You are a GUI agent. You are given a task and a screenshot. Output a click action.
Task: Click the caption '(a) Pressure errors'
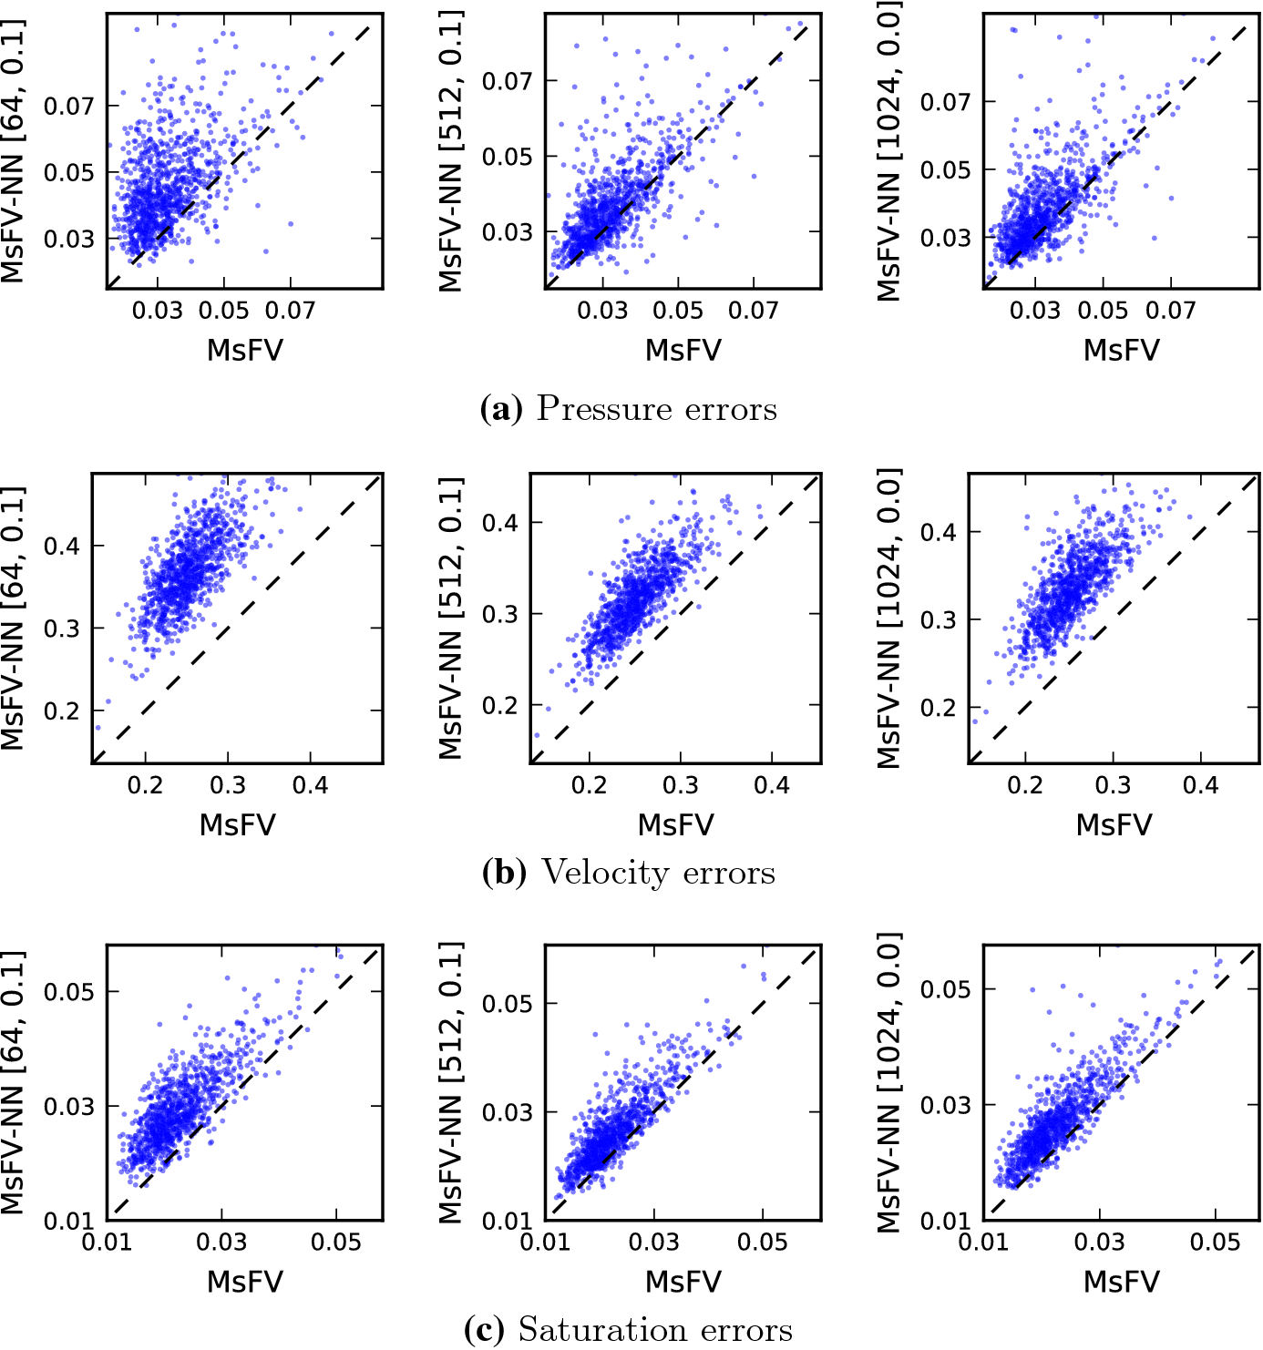tap(629, 409)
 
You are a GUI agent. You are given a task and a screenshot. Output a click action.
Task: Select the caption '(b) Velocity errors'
tap(629, 873)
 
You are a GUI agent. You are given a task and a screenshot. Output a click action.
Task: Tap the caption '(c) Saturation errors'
tap(629, 1330)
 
